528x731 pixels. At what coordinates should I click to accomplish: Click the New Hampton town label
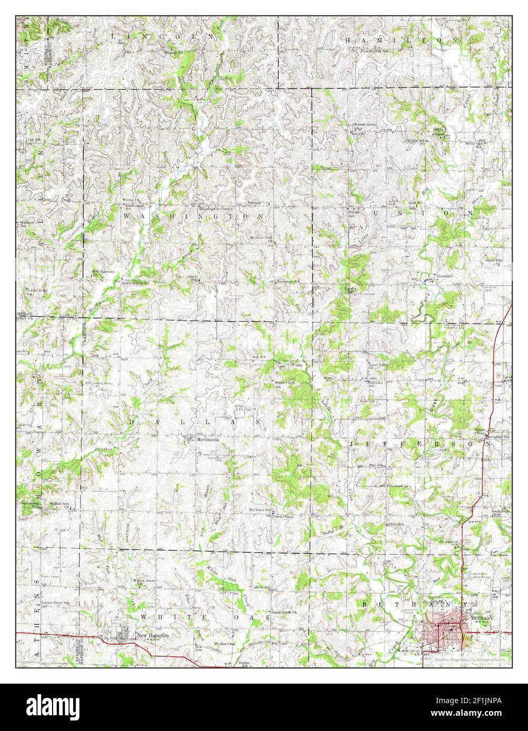(153, 636)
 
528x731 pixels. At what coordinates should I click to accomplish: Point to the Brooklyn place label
(445, 276)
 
